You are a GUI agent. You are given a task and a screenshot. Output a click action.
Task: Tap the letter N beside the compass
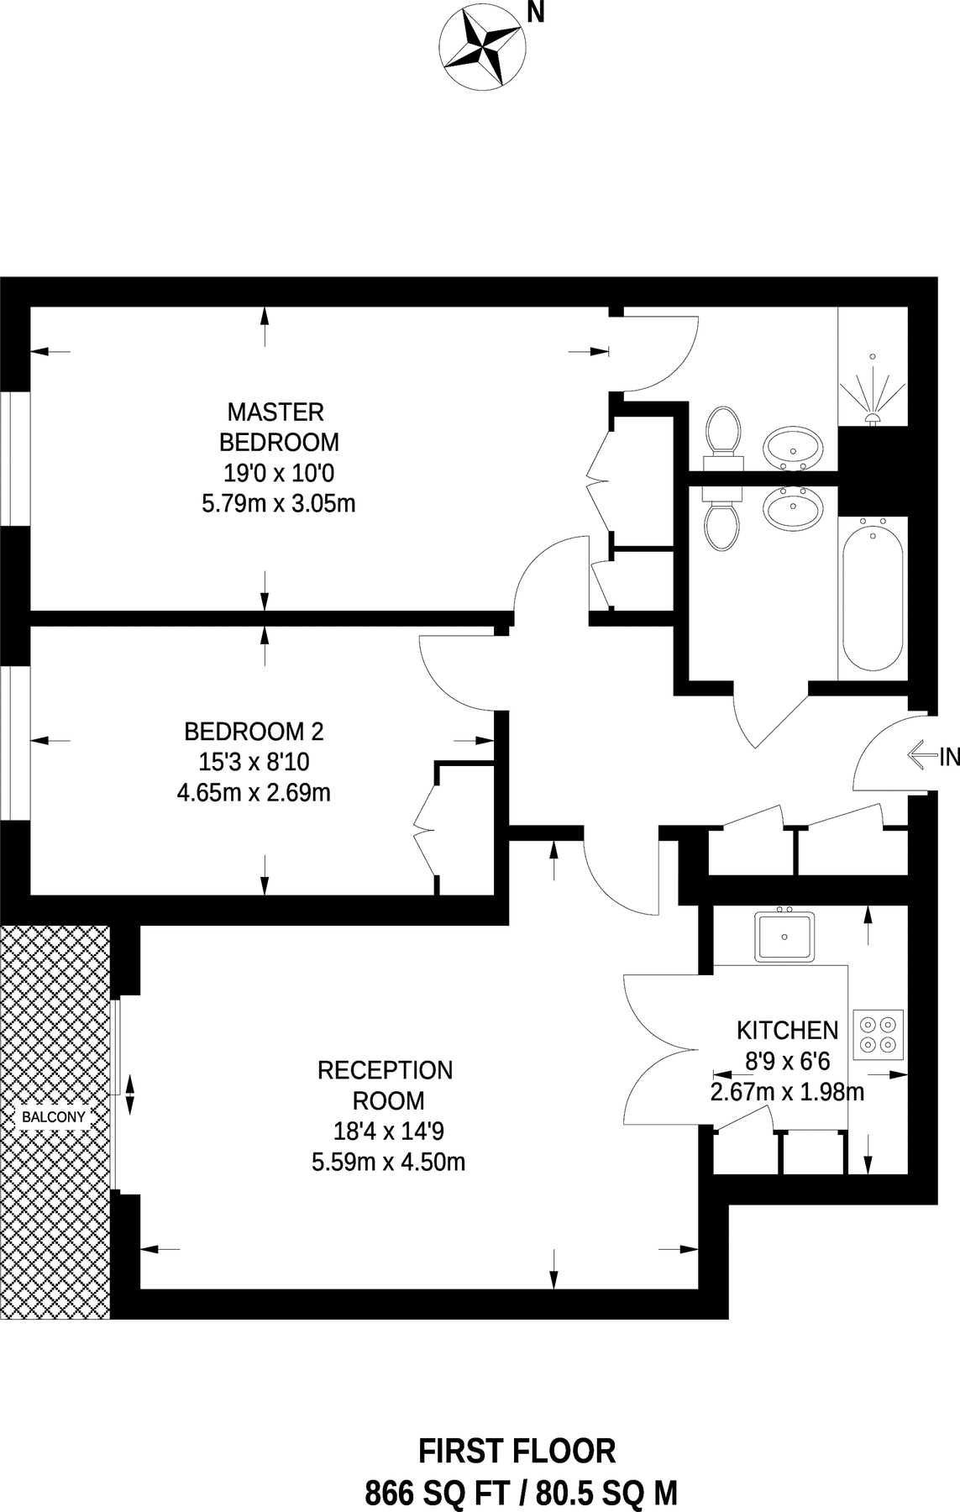click(535, 14)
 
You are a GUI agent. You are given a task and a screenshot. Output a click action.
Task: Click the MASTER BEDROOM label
click(278, 427)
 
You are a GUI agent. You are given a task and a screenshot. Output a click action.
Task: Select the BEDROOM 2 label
click(254, 731)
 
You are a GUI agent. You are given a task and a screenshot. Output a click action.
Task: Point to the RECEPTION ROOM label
click(386, 1084)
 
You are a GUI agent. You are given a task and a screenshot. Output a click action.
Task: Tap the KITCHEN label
click(787, 1030)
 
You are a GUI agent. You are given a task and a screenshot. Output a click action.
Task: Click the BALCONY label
click(54, 1117)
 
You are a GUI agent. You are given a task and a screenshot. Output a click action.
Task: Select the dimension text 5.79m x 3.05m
click(278, 504)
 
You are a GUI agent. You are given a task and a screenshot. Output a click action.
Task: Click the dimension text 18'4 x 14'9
click(388, 1131)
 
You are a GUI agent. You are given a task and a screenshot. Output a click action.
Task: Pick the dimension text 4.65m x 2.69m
click(254, 792)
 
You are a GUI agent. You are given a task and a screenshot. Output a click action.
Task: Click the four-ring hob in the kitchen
click(879, 1034)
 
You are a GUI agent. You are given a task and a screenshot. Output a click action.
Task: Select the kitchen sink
click(784, 937)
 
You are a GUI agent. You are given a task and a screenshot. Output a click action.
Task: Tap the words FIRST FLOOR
click(517, 1451)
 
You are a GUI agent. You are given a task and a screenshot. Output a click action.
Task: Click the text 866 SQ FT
click(437, 1493)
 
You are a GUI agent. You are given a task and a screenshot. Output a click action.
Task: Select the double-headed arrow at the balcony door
click(130, 1095)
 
